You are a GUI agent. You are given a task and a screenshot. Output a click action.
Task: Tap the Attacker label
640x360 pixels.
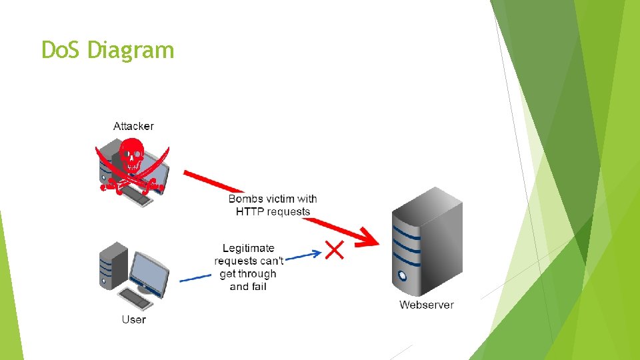133,126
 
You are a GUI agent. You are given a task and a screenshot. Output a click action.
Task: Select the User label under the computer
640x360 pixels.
133,319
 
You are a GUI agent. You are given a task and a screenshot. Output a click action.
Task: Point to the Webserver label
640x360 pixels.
427,305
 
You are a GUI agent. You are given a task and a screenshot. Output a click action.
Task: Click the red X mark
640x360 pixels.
334,250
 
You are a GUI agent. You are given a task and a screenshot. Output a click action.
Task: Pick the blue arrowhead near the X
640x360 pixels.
315,253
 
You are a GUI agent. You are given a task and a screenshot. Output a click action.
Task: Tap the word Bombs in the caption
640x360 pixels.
245,199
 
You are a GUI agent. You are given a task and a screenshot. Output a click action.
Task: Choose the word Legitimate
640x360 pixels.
248,248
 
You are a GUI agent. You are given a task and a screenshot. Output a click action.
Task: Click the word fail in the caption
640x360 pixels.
257,286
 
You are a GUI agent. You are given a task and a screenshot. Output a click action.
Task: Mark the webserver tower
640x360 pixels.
427,243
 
